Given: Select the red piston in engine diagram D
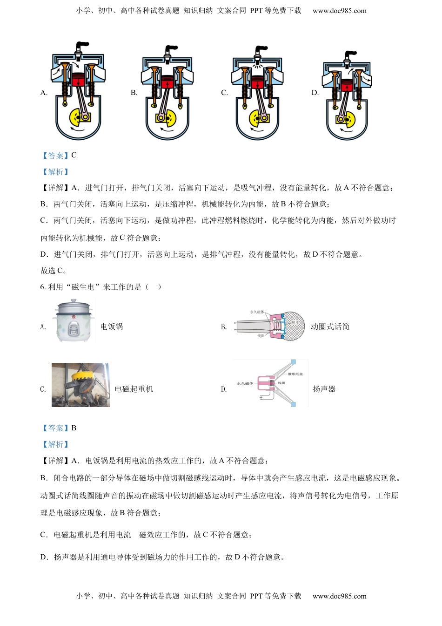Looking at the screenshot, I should (346, 86).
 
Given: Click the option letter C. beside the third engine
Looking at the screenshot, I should (224, 93).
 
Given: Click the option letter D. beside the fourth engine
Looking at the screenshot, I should (315, 93).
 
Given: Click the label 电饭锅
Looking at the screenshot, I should (112, 327).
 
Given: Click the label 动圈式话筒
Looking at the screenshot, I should (330, 327).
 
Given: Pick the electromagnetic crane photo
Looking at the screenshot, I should (81, 385).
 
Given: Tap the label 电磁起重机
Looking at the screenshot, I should (134, 389).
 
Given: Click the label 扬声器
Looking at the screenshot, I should (324, 389).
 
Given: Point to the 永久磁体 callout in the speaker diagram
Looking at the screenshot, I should (245, 383).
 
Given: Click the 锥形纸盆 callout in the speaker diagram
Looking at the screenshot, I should (295, 374).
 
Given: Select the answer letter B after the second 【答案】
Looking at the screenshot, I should (74, 428).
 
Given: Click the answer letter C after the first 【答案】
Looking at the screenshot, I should (74, 155).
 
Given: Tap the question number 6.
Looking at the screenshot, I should (43, 287).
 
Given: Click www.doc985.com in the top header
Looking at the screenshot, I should (339, 10).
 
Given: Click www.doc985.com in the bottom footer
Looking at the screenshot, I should (339, 596).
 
